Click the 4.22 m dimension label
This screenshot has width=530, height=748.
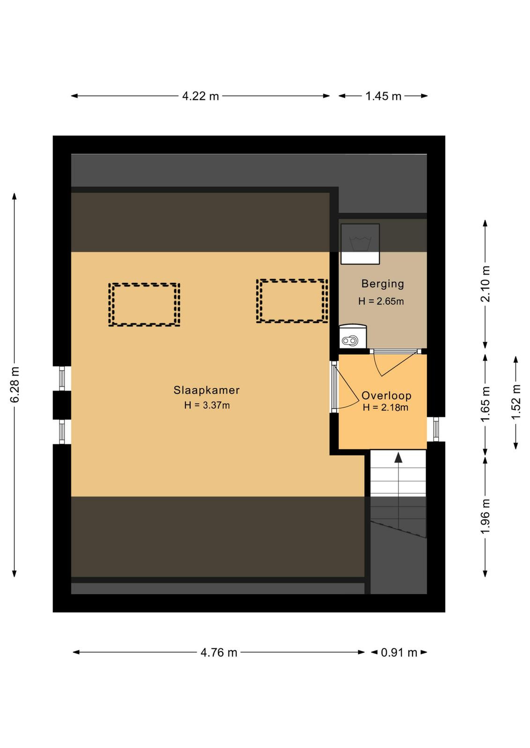pos(200,96)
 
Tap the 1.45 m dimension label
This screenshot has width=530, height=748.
pos(383,96)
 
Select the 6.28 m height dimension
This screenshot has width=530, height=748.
pos(15,384)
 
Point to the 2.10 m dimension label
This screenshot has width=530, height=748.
pos(485,284)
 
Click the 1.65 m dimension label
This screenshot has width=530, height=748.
pos(485,404)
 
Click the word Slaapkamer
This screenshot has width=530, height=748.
pos(206,390)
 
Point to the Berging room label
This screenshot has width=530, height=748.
pos(383,284)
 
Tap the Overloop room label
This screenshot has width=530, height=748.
pos(386,396)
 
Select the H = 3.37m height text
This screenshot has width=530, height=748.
pos(207,405)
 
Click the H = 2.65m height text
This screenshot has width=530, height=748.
pos(381,302)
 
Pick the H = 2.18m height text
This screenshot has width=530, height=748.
pos(385,407)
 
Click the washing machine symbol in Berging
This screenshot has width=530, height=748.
pos(360,244)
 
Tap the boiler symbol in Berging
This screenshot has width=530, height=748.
pos(353,337)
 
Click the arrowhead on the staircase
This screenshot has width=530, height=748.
pos(398,458)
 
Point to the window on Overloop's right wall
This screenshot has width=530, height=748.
pos(436,430)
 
